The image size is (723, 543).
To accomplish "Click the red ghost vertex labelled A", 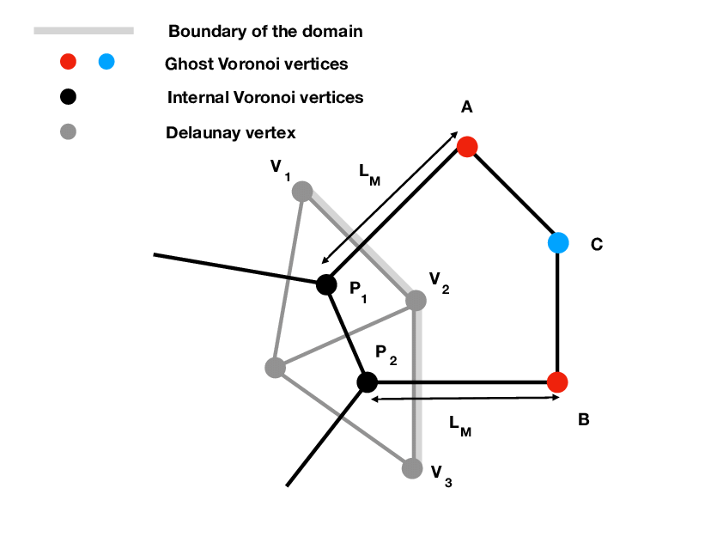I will [x=466, y=146].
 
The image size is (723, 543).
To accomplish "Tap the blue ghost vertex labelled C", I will [x=558, y=243].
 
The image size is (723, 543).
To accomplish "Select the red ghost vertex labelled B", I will [x=558, y=381].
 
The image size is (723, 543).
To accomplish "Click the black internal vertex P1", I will [x=326, y=284].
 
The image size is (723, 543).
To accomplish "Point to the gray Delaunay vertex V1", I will [x=302, y=192].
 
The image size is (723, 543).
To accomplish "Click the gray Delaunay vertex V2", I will [x=416, y=301].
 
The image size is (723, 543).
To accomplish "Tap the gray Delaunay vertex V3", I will [x=412, y=468].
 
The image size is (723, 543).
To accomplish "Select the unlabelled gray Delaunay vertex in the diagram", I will [x=275, y=368].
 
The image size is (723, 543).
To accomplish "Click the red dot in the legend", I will [x=69, y=62].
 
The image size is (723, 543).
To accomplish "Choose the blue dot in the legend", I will [x=106, y=62].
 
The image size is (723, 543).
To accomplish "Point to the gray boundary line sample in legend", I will [x=83, y=31].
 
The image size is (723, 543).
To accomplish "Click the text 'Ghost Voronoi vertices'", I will [x=256, y=64].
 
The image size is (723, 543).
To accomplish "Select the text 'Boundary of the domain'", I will [x=265, y=32].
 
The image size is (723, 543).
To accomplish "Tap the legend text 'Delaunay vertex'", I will [x=231, y=133].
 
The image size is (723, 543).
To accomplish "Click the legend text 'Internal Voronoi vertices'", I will [x=265, y=97].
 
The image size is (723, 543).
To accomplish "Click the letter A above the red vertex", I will [x=467, y=107].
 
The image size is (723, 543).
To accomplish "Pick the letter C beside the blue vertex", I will [x=597, y=245].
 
